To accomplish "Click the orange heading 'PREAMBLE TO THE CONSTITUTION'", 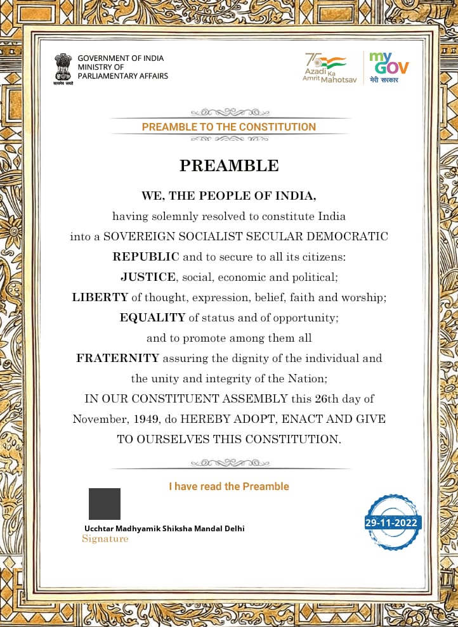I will pos(228,127).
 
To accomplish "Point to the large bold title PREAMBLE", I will pos(229,166).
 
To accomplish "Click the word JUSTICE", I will pos(148,276).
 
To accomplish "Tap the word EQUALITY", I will pos(152,317).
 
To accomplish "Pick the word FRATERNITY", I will pos(118,358).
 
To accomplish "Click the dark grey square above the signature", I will pos(105,504).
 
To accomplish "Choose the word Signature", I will pos(105,539).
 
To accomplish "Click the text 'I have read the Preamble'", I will pos(228,486).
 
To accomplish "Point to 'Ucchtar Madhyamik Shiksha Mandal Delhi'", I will pos(164,528).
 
